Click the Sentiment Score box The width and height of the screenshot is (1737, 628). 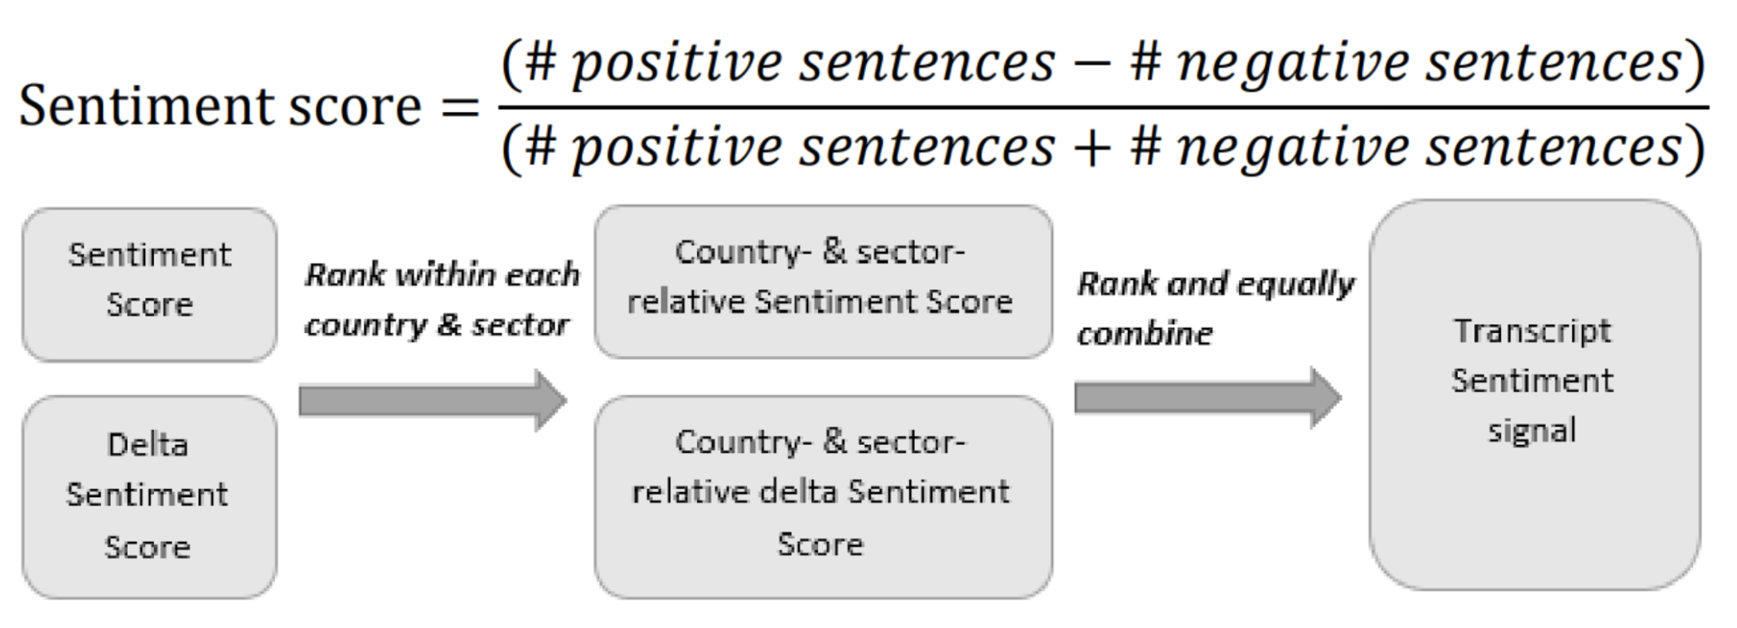tap(149, 284)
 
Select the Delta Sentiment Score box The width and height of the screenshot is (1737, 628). tap(149, 496)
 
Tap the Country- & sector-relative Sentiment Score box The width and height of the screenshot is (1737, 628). tap(824, 282)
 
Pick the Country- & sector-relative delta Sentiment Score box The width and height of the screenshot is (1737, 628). tap(824, 496)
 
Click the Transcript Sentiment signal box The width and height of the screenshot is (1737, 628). tap(1535, 394)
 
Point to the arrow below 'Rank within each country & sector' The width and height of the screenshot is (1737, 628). tap(433, 400)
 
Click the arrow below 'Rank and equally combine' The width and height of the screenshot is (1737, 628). tap(1208, 398)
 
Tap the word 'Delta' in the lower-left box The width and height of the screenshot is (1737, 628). tap(148, 445)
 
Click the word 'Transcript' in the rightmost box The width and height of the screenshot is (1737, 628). tap(1533, 331)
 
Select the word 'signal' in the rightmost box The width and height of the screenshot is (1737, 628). tap(1532, 431)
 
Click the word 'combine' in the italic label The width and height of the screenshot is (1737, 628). tap(1145, 334)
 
